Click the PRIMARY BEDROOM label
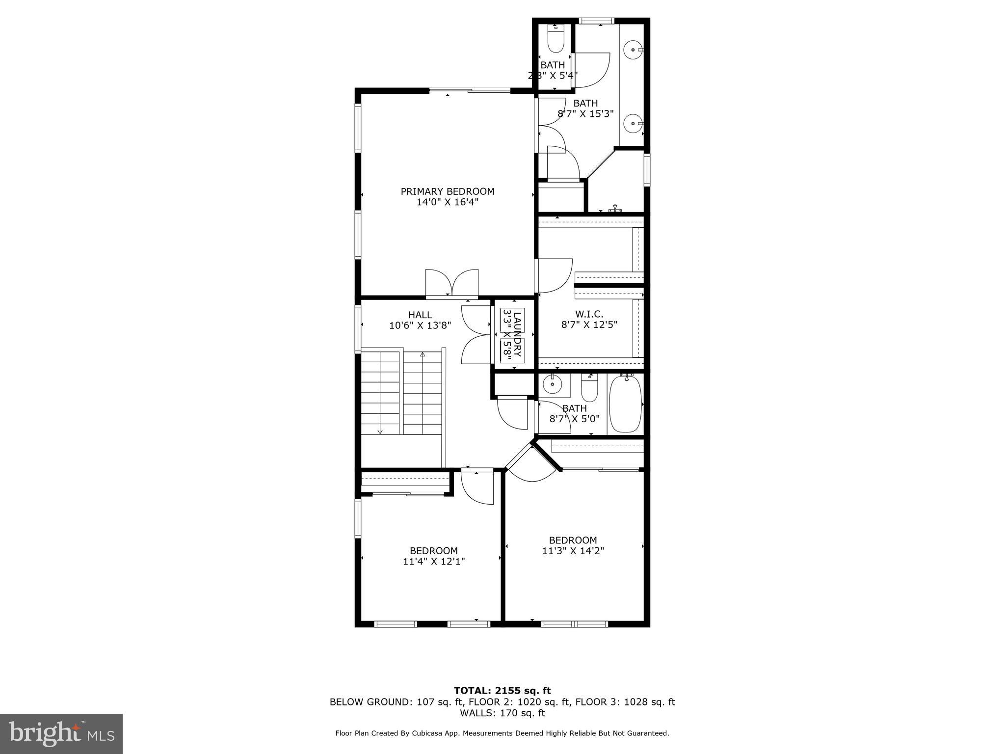[447, 191]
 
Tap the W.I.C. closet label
[589, 314]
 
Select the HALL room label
[420, 315]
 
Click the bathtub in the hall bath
[625, 403]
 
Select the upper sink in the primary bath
[634, 50]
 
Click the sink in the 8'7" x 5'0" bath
[553, 385]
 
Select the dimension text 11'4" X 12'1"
[434, 562]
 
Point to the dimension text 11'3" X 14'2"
[573, 551]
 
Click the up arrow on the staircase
[423, 354]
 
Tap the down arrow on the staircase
[380, 431]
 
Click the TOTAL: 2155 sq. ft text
[502, 691]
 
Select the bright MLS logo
[61, 733]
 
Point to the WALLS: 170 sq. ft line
[502, 713]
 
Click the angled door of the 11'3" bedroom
[532, 466]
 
